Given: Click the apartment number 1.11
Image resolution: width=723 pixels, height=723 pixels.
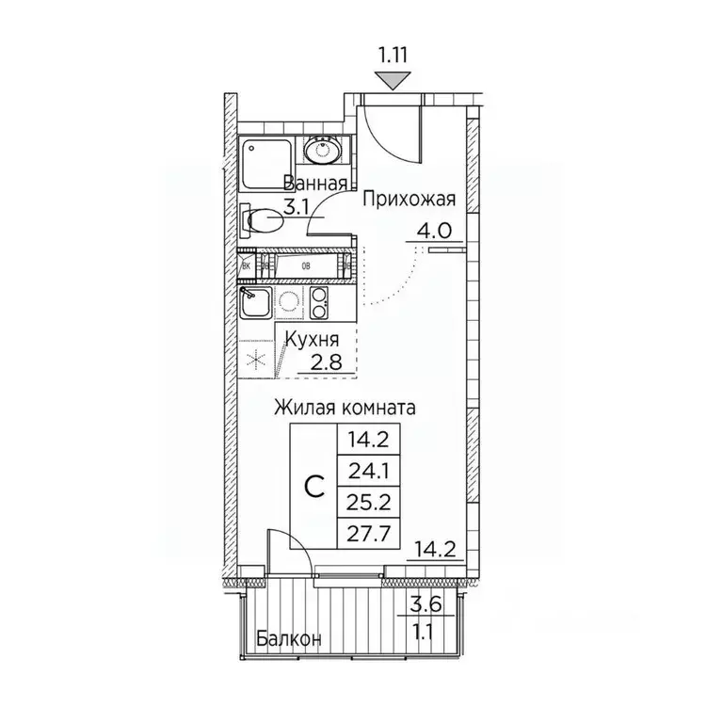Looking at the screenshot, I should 393,55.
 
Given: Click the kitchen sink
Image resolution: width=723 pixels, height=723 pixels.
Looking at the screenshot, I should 255,303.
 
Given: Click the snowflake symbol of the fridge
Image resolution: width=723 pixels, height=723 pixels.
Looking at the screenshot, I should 254,359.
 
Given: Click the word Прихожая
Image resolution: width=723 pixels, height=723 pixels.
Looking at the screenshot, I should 410,199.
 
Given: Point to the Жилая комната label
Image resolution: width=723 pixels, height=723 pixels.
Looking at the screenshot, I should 345,408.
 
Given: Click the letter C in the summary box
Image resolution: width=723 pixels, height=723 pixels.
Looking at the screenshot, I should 317,486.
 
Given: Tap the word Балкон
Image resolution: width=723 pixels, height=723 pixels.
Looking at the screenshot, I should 289,638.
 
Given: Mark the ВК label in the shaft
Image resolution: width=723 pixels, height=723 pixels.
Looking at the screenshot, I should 247,265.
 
